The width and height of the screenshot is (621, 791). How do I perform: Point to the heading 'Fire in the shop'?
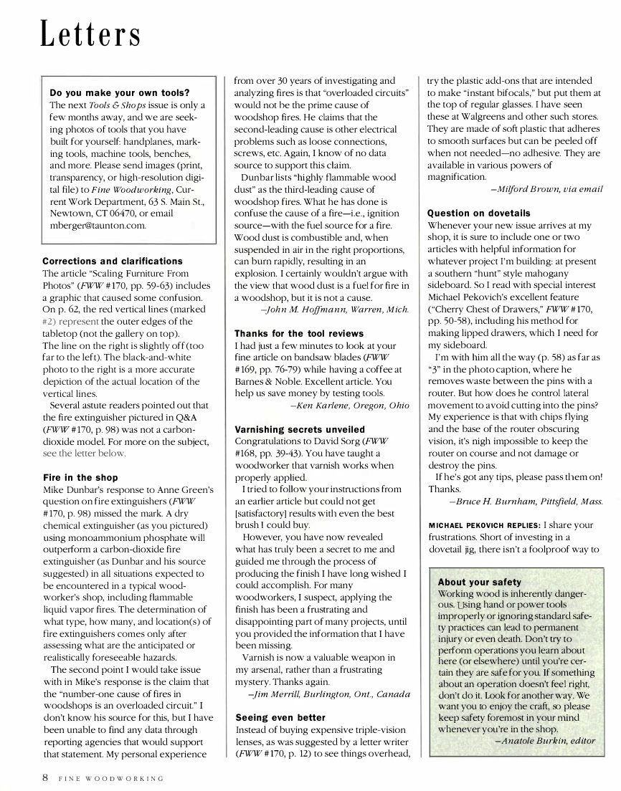click(80, 477)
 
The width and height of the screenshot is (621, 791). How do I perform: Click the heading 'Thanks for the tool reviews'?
click(299, 333)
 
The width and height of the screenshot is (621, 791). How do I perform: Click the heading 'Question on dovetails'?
click(479, 213)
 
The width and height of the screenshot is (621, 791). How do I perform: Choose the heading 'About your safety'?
click(479, 582)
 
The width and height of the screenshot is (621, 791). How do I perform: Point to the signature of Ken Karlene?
click(349, 406)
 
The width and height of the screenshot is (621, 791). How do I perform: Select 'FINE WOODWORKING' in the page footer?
click(110, 777)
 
